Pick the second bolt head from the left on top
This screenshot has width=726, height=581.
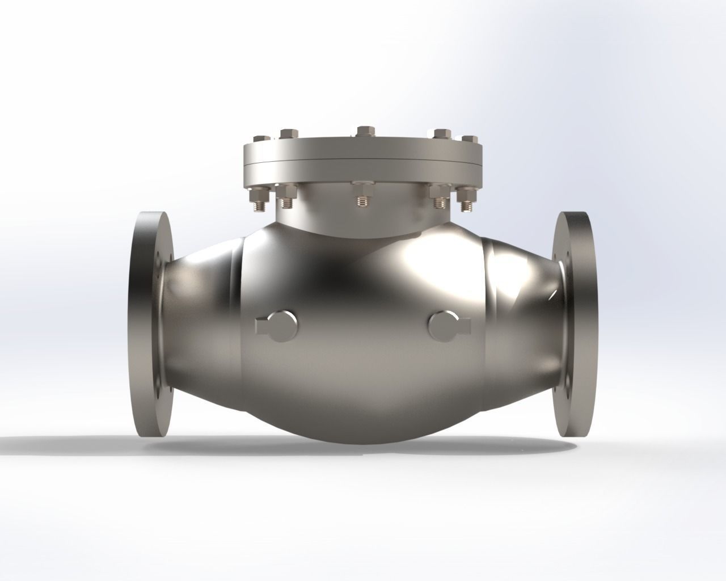tap(288, 134)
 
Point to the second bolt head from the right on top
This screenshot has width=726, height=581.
tap(442, 134)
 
